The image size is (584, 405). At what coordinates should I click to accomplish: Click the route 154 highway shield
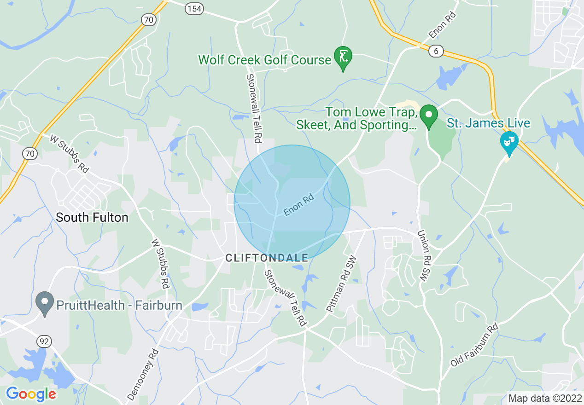click(195, 9)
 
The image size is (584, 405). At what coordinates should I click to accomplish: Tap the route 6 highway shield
click(436, 51)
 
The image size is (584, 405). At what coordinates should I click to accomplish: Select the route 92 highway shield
click(45, 341)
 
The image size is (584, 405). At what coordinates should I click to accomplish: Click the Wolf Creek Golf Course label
click(264, 60)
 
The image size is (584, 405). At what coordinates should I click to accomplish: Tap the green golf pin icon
click(343, 57)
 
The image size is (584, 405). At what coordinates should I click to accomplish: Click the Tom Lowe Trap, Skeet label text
click(372, 119)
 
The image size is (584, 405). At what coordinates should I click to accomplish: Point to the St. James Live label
click(489, 123)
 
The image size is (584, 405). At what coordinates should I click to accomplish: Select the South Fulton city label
click(92, 217)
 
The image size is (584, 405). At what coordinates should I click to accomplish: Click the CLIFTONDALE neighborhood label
click(267, 258)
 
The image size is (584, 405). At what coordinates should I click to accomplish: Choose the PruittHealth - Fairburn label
click(120, 305)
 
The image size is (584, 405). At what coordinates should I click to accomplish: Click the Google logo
click(31, 394)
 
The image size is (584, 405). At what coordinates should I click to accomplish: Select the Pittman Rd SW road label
click(341, 284)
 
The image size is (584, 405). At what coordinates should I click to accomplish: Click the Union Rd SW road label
click(423, 255)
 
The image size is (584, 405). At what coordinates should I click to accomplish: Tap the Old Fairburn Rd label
click(474, 345)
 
